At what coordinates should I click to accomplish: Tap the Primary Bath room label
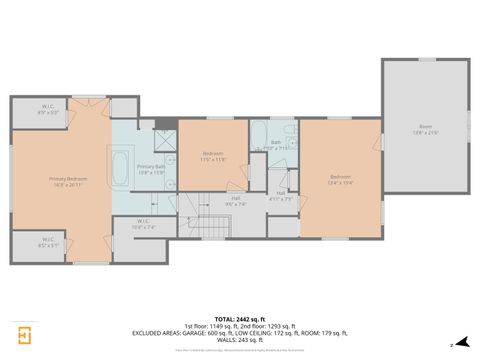[151, 169]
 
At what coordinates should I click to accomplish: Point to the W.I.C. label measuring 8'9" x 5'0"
[48, 109]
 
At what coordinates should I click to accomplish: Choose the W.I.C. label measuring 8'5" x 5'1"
[48, 243]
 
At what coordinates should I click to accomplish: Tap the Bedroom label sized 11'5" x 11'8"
[213, 155]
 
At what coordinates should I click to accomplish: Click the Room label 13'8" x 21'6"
[426, 129]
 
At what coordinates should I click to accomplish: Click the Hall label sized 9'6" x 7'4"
[235, 199]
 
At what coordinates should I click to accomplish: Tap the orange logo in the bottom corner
[20, 334]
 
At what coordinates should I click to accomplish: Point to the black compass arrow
[458, 341]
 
